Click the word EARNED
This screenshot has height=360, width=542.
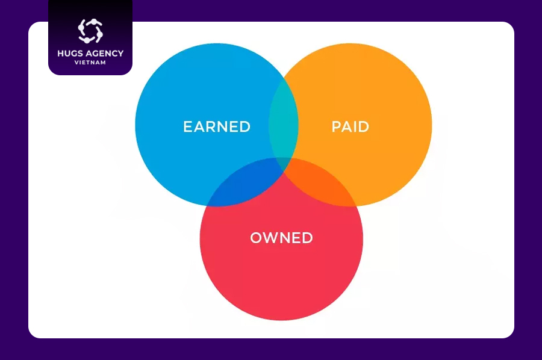click(217, 127)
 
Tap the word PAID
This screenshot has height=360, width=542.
click(350, 127)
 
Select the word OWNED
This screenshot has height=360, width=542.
click(281, 238)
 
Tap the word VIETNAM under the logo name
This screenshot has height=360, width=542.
click(90, 63)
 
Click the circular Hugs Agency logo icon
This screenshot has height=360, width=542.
click(90, 31)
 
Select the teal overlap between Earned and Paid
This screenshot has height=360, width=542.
click(284, 121)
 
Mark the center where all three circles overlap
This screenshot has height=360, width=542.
click(284, 164)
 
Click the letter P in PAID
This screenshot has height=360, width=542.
click(336, 127)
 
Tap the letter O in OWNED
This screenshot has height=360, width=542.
click(256, 238)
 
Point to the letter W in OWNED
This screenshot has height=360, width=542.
click(272, 238)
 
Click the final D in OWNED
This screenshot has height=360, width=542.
click(308, 238)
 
